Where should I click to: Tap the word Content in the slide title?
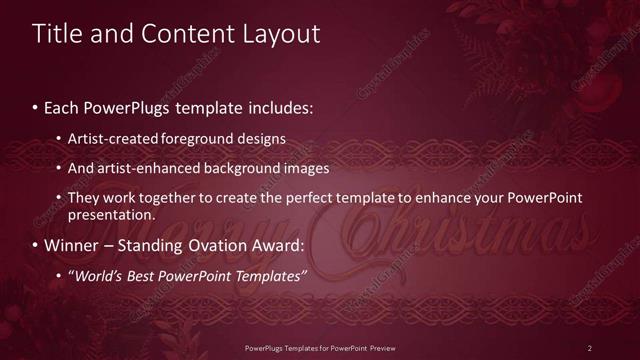[186, 33]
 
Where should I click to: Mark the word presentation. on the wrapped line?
[111, 214]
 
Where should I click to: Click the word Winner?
[71, 245]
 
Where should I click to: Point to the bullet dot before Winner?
[36, 245]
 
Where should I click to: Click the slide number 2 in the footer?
[590, 347]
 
